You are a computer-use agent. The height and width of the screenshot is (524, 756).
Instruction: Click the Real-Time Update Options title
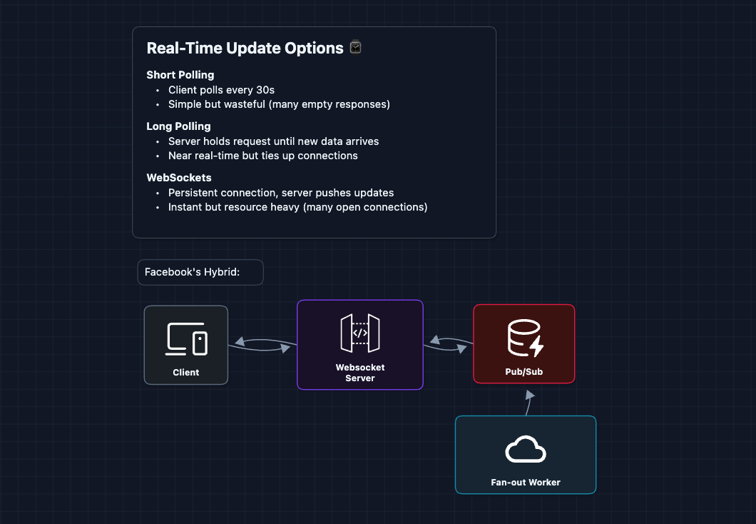245,49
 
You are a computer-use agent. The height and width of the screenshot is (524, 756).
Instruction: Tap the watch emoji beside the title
355,48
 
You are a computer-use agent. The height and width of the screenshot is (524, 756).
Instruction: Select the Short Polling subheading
180,75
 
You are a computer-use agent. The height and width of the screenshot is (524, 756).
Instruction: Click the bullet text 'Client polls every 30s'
221,90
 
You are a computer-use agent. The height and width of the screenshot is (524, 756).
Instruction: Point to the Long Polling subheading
178,126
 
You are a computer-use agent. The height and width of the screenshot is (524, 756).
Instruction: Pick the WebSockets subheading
179,178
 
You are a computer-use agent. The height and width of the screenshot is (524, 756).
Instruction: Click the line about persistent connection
280,193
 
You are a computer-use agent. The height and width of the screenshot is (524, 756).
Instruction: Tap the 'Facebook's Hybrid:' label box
200,272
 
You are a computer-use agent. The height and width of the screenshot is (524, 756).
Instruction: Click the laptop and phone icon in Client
186,339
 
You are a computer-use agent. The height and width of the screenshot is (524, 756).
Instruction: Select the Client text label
186,373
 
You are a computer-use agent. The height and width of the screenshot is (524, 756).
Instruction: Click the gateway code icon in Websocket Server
360,333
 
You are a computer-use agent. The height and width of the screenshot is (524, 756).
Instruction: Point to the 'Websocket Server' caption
360,373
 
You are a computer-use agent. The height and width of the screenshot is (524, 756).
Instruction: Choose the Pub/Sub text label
524,373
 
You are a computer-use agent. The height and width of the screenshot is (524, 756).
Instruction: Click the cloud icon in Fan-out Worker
526,450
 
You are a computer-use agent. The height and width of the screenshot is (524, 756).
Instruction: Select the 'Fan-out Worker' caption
526,483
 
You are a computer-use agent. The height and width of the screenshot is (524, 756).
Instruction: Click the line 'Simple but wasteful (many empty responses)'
279,104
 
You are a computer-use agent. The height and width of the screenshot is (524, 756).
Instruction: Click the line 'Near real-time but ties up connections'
262,156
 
